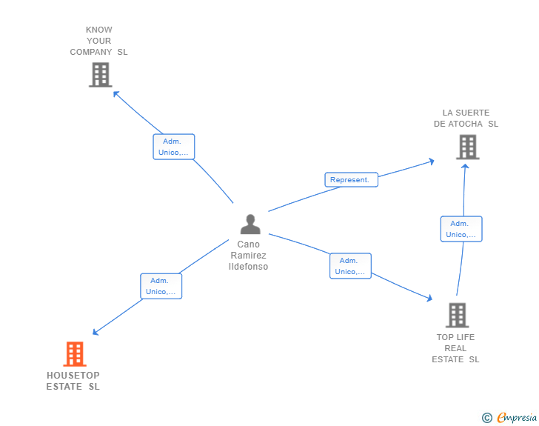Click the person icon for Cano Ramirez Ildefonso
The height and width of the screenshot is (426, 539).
(250, 224)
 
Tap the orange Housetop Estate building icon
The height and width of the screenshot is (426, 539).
(74, 354)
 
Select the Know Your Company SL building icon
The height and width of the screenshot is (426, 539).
(100, 74)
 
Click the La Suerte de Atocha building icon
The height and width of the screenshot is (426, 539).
(467, 147)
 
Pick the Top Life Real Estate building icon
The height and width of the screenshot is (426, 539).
(457, 315)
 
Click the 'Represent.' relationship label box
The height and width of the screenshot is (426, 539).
(351, 179)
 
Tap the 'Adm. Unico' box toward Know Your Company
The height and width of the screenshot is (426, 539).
(173, 147)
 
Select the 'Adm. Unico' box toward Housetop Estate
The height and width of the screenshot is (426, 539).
(161, 286)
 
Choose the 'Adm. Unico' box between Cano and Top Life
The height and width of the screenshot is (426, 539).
(349, 266)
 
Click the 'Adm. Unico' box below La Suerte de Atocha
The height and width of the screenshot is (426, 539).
(461, 229)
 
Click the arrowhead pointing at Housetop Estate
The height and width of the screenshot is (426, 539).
(96, 333)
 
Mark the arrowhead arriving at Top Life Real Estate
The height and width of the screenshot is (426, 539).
(429, 298)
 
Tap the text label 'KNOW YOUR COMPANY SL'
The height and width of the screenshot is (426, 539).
(99, 41)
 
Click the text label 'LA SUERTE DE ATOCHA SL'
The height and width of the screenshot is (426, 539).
(466, 119)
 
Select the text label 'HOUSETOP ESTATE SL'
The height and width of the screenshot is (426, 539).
(73, 381)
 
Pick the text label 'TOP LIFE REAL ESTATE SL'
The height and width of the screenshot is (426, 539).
(456, 348)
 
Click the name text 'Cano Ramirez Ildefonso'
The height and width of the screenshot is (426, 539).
(249, 255)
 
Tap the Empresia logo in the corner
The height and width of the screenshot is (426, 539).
(517, 418)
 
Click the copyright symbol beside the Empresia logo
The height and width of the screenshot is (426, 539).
(487, 418)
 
